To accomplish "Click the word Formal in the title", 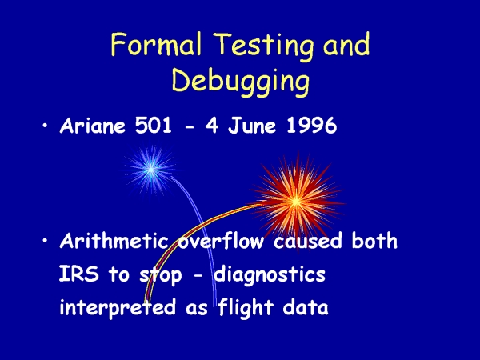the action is click(156, 44).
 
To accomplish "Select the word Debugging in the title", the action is click(241, 81).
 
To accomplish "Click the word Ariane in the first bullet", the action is click(93, 126).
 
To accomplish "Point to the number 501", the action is click(154, 126).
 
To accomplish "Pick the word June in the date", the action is click(252, 126).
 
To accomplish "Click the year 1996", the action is click(312, 126).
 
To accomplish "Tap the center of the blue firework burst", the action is click(151, 169).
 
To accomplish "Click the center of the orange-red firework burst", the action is click(296, 202).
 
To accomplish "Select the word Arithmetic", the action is click(114, 241).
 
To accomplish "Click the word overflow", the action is click(221, 241).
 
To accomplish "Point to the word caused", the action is click(308, 241).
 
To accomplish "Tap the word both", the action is click(374, 241).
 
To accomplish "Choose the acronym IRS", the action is click(79, 274).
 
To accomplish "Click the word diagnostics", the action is click(270, 275).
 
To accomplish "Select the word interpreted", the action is click(118, 308).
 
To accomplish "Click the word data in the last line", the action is click(306, 307).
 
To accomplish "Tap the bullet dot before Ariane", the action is click(45, 126).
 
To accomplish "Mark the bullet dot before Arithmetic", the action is click(45, 241).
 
